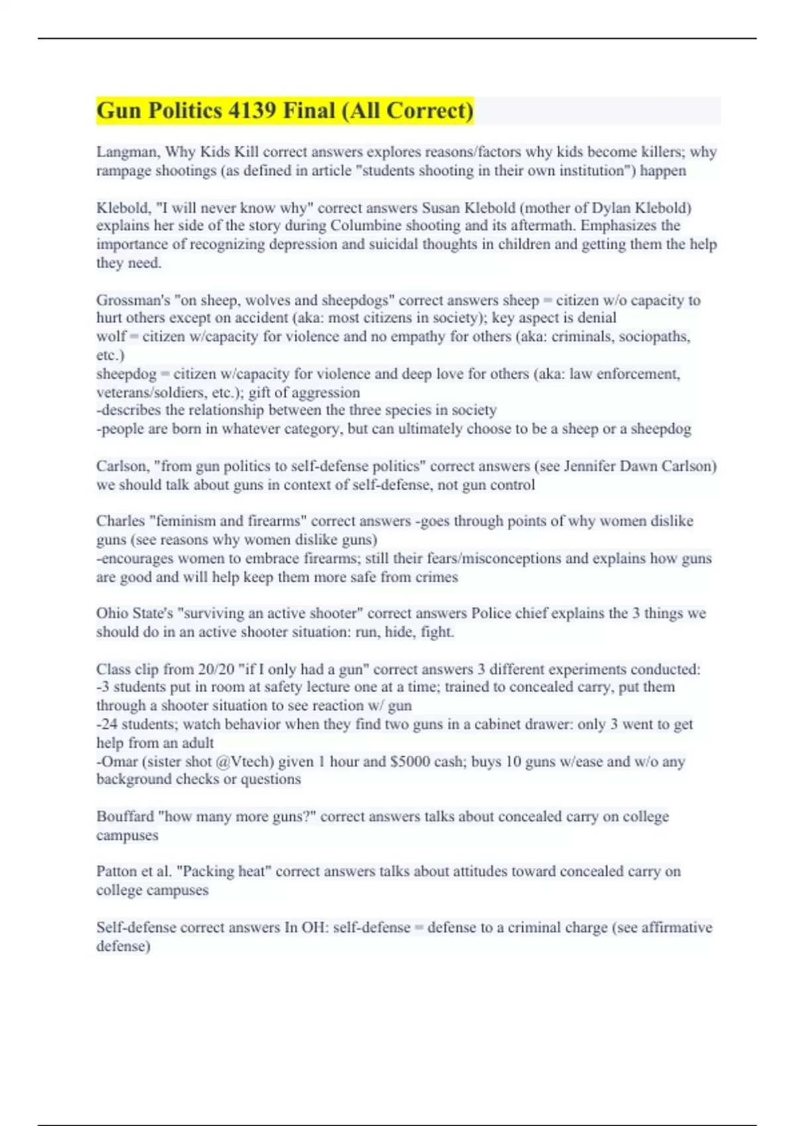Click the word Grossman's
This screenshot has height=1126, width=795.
pyautogui.click(x=133, y=300)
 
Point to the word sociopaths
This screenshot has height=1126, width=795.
pyautogui.click(x=655, y=336)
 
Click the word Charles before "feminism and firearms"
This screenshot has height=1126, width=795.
pyautogui.click(x=120, y=521)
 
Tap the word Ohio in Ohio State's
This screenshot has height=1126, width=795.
pyautogui.click(x=111, y=613)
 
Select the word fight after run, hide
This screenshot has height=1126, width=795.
pyautogui.click(x=437, y=632)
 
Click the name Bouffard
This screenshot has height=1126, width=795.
pyautogui.click(x=125, y=817)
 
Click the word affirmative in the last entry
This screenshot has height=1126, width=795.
pyautogui.click(x=667, y=927)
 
